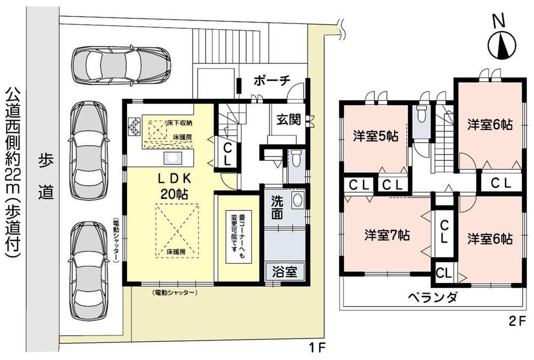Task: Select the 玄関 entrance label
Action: (288, 120)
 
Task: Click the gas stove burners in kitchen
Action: (133, 127)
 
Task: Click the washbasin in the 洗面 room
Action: (298, 201)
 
